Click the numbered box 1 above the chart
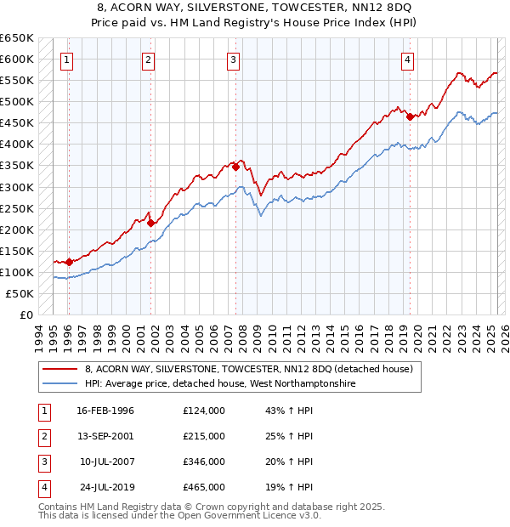66,59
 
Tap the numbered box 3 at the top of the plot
233,59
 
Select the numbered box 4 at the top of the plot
408,59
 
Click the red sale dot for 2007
235,167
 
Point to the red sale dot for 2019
410,116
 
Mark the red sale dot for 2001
151,223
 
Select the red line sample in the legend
61,369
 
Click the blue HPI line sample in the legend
61,384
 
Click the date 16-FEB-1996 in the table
105,411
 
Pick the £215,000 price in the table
204,436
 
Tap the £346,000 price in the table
204,462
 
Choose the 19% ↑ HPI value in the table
289,487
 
